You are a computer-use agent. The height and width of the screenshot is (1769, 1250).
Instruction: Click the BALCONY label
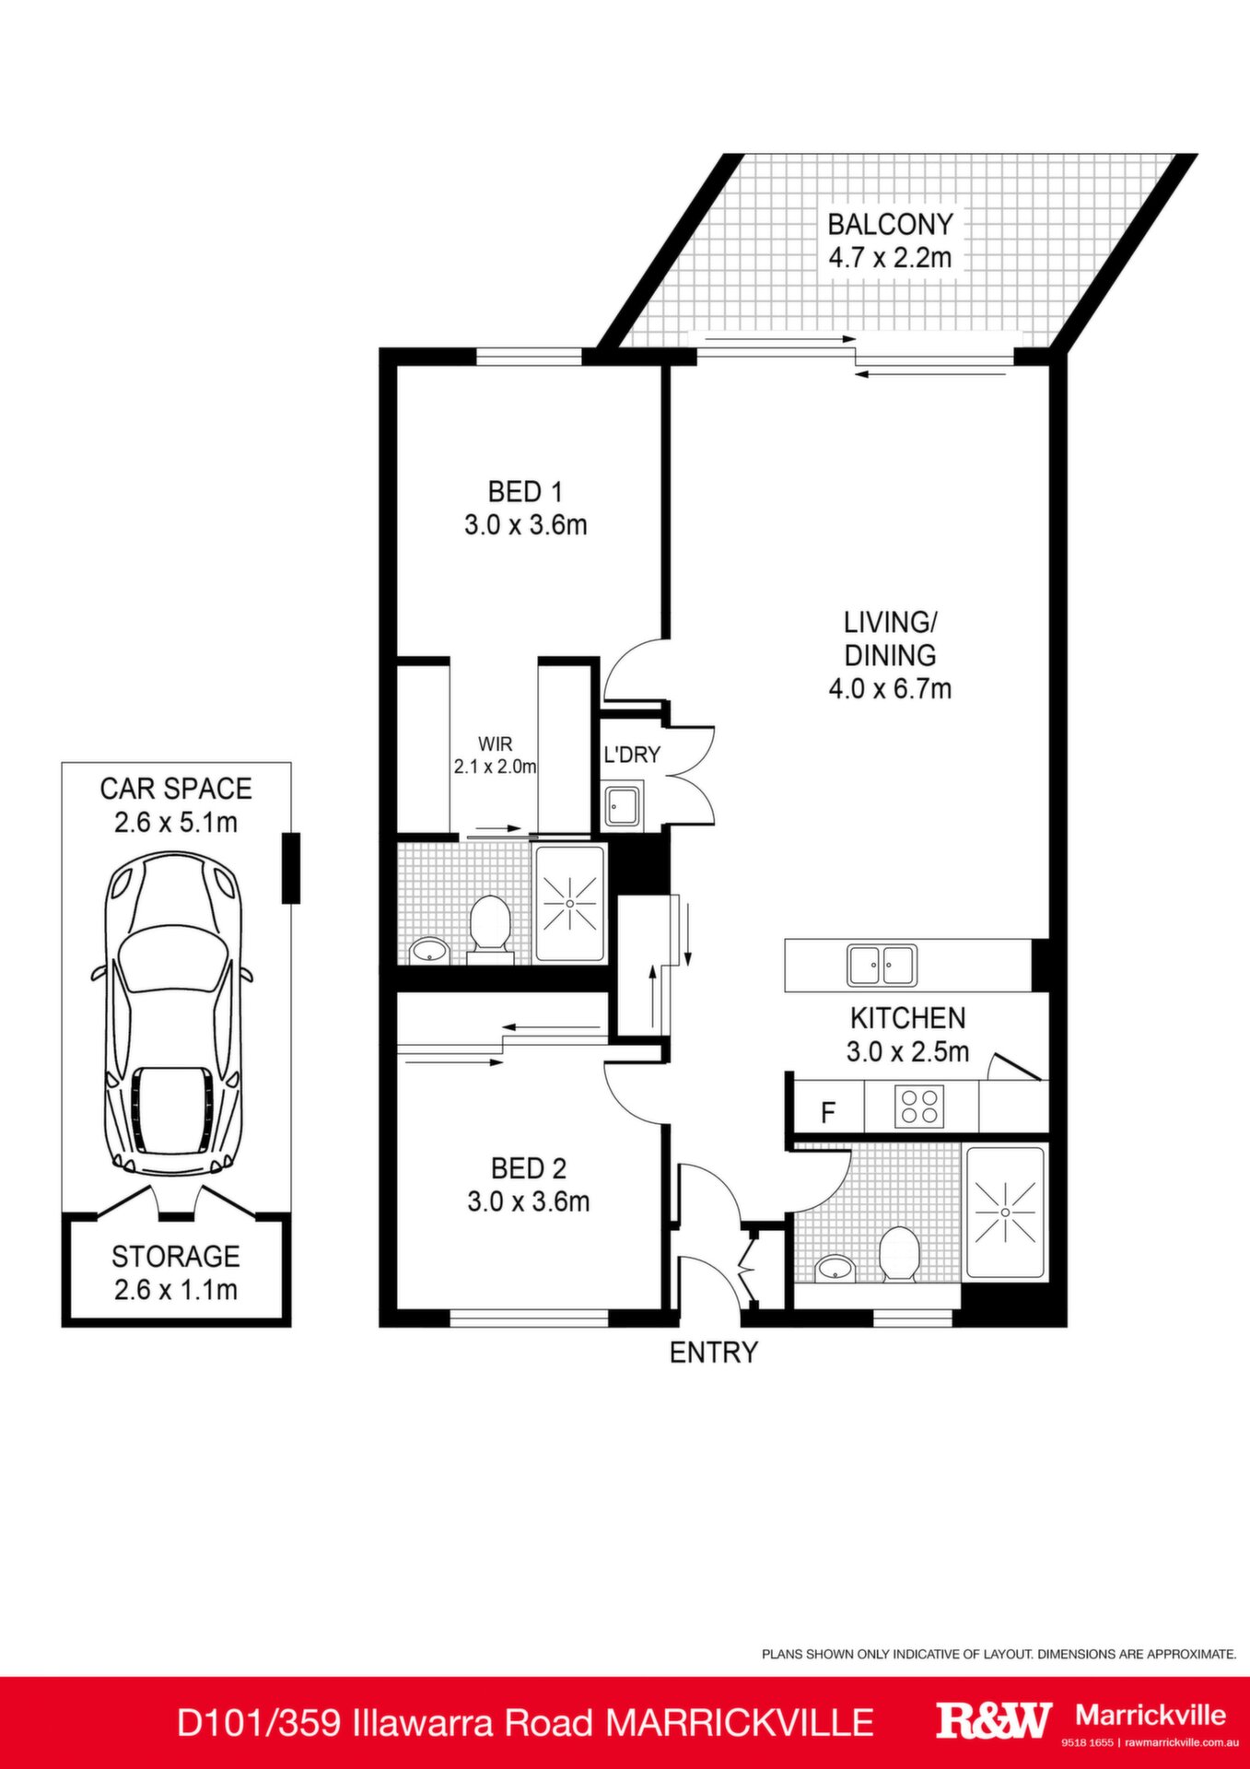890,224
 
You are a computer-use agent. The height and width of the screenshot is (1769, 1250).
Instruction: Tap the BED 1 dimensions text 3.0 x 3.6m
526,525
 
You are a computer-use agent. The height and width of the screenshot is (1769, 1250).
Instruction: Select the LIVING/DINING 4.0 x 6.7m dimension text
890,688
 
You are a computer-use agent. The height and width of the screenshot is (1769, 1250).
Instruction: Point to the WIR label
495,744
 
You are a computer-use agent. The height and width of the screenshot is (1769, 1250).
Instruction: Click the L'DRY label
632,755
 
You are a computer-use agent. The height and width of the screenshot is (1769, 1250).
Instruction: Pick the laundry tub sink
624,805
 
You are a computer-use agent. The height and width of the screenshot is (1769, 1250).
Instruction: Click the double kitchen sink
882,965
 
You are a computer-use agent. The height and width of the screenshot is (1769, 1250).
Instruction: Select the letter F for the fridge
828,1113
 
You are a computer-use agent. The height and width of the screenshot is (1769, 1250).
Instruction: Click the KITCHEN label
907,1018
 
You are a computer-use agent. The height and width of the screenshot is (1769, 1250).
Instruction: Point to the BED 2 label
528,1168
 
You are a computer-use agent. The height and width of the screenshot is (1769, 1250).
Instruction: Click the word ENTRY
713,1352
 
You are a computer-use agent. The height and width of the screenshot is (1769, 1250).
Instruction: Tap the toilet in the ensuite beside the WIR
489,928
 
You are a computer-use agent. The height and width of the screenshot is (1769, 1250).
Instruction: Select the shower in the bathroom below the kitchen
1005,1212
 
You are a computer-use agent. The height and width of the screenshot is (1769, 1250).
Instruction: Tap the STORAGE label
175,1256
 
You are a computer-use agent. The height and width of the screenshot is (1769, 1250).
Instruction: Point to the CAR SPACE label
175,789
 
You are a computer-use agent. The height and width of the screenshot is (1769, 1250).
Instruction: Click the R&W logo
993,1720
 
